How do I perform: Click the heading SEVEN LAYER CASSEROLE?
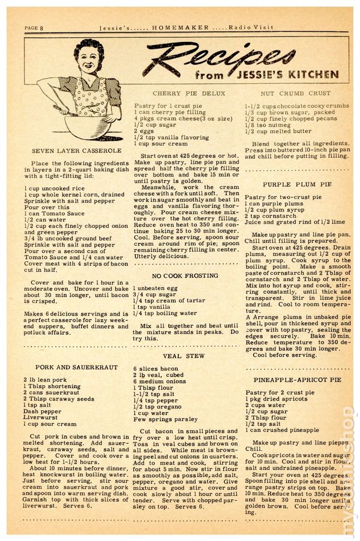tap(69, 151)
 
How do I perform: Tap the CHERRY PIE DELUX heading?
tap(180, 94)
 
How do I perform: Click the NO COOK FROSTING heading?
tap(185, 275)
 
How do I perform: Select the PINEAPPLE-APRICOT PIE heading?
tap(297, 380)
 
